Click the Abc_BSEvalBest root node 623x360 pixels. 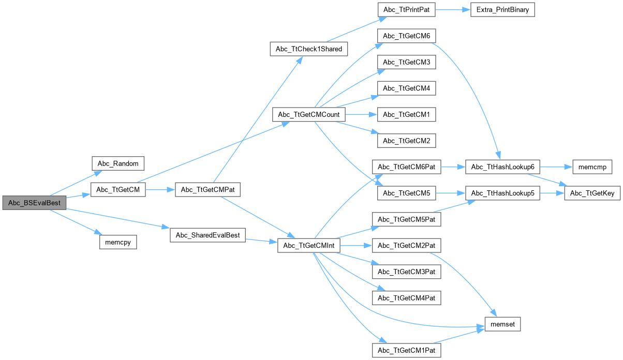34,203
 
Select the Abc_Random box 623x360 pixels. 118,163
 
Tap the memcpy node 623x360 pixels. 118,242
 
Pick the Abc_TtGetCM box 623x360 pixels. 118,190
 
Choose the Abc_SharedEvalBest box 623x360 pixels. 207,235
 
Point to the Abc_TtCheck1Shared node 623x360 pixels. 309,49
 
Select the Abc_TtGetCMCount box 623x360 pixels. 308,114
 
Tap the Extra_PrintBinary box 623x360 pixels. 502,10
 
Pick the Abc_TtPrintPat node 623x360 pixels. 406,10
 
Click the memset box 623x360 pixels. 502,324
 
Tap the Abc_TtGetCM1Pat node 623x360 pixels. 406,350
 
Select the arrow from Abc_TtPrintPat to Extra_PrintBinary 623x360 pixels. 452,10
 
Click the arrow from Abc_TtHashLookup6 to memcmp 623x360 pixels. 556,167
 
